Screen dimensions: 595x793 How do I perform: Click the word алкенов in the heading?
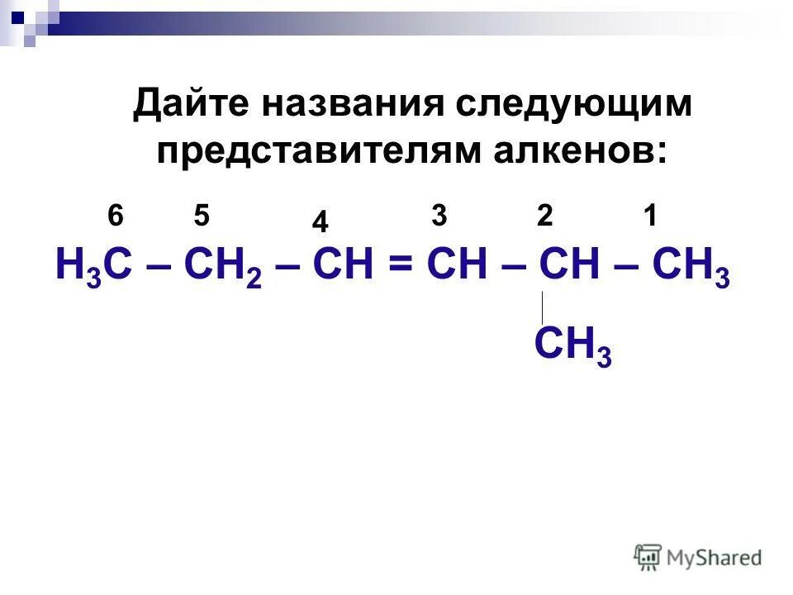(590, 150)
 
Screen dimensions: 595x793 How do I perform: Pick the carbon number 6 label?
(116, 217)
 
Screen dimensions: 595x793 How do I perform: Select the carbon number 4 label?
(321, 221)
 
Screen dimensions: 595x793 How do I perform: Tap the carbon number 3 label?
(439, 217)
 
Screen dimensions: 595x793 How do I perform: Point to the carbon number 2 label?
(544, 217)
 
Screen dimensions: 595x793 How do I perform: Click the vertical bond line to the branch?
(542, 307)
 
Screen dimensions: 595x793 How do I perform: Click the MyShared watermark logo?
(698, 557)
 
